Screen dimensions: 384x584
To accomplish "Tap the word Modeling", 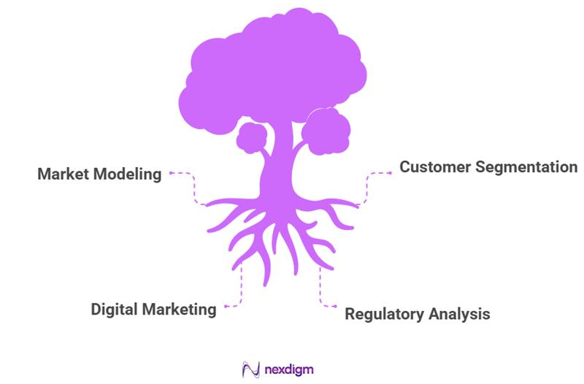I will click(x=128, y=174).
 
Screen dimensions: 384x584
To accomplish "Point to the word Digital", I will click(x=115, y=309).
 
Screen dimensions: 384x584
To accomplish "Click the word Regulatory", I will click(x=383, y=314).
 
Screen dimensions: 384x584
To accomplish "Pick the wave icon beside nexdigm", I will click(x=250, y=369).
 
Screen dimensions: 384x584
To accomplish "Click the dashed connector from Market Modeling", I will click(x=194, y=188).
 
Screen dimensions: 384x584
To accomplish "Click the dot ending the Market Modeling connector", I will click(x=171, y=174).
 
